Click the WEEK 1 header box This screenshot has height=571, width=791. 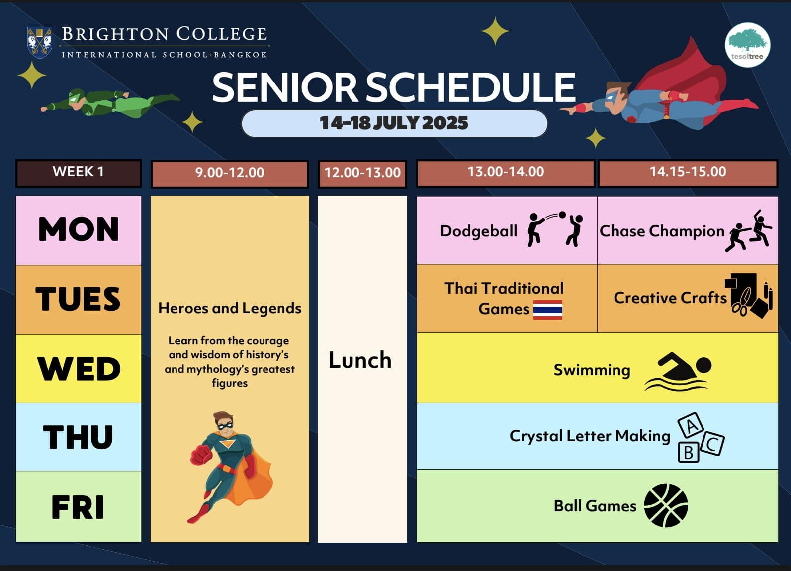79,173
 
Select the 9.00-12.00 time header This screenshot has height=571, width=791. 230,173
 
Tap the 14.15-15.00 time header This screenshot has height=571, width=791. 688,173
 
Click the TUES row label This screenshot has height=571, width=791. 79,299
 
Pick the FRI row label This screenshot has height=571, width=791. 79,507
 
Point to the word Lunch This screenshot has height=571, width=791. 360,360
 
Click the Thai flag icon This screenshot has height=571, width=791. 548,310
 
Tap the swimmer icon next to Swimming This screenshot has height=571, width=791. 678,372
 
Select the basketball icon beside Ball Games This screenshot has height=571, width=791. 666,505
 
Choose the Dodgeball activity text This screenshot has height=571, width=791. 478,231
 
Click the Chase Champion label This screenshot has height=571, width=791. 662,231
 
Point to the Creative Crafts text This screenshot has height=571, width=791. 670,298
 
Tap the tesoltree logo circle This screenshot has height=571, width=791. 748,45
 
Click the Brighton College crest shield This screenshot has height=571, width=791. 40,42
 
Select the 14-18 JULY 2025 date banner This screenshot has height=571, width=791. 394,124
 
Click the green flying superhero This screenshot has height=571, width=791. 109,102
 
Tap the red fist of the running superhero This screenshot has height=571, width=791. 200,455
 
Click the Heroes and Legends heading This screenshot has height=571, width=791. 230,308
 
